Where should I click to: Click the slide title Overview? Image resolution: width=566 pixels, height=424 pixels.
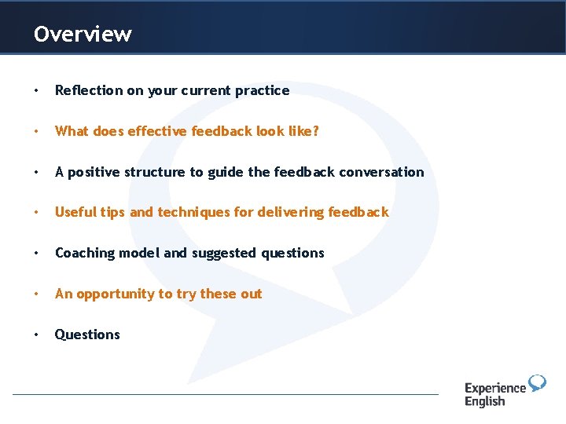click(x=83, y=35)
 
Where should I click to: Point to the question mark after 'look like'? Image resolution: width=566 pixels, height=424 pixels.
click(x=316, y=131)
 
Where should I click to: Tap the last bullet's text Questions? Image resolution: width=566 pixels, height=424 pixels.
click(x=87, y=334)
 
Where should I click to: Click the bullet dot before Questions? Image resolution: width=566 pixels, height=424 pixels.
click(x=37, y=334)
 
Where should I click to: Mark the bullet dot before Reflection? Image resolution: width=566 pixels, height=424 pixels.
click(x=37, y=90)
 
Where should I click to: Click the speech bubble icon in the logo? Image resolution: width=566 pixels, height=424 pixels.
click(x=537, y=383)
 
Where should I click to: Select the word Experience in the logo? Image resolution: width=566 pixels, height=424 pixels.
click(x=494, y=388)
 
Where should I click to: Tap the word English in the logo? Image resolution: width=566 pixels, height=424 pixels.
click(x=485, y=401)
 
